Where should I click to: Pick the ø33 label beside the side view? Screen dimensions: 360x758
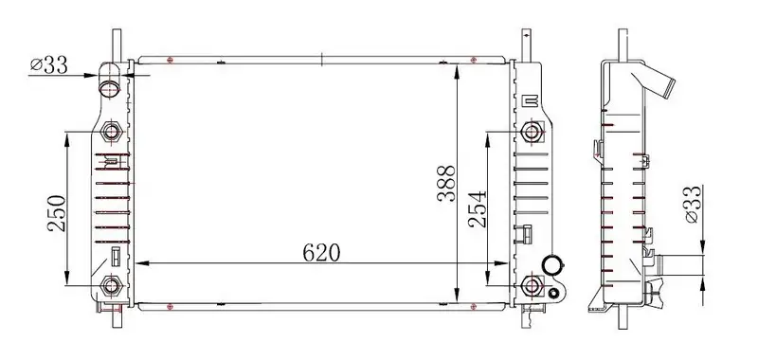[690, 204]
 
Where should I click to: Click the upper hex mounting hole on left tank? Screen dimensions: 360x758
[111, 131]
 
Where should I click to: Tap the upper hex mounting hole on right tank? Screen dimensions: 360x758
[532, 131]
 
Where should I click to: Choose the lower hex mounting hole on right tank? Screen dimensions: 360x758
[532, 285]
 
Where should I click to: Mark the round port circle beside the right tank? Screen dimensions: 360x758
[551, 267]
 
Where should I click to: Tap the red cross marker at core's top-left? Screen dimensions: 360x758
[169, 61]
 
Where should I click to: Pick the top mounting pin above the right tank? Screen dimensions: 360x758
[524, 43]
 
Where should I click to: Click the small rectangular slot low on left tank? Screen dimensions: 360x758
[116, 256]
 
